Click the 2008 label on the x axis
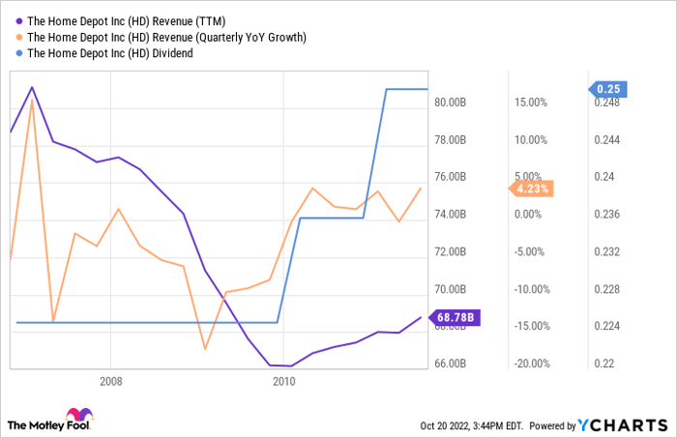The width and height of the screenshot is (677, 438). coord(109,382)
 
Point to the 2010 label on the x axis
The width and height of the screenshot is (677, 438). coord(282,382)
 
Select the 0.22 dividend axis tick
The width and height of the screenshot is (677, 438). coord(605,365)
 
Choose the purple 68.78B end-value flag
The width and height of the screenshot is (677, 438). coord(456,317)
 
